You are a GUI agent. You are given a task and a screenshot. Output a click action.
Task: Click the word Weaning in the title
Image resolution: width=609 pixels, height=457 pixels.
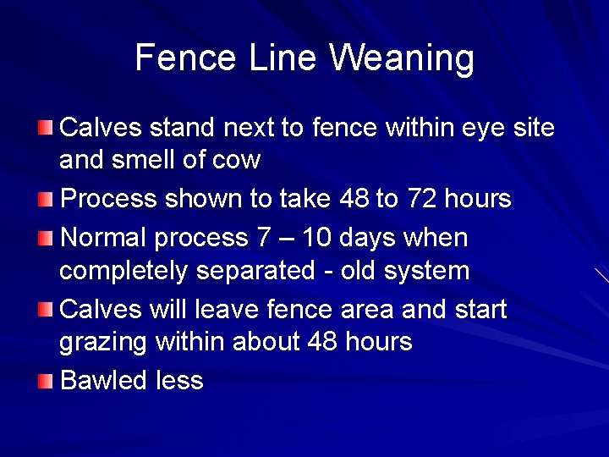click(402, 58)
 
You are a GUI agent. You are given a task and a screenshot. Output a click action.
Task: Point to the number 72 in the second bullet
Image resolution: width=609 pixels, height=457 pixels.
click(422, 200)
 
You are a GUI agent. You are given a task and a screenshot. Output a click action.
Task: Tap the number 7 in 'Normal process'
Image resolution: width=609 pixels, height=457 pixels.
click(263, 238)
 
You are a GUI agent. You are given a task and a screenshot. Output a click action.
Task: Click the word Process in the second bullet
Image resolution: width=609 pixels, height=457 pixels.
click(109, 200)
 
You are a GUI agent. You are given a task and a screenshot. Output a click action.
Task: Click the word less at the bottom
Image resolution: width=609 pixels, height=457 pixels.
click(179, 381)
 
